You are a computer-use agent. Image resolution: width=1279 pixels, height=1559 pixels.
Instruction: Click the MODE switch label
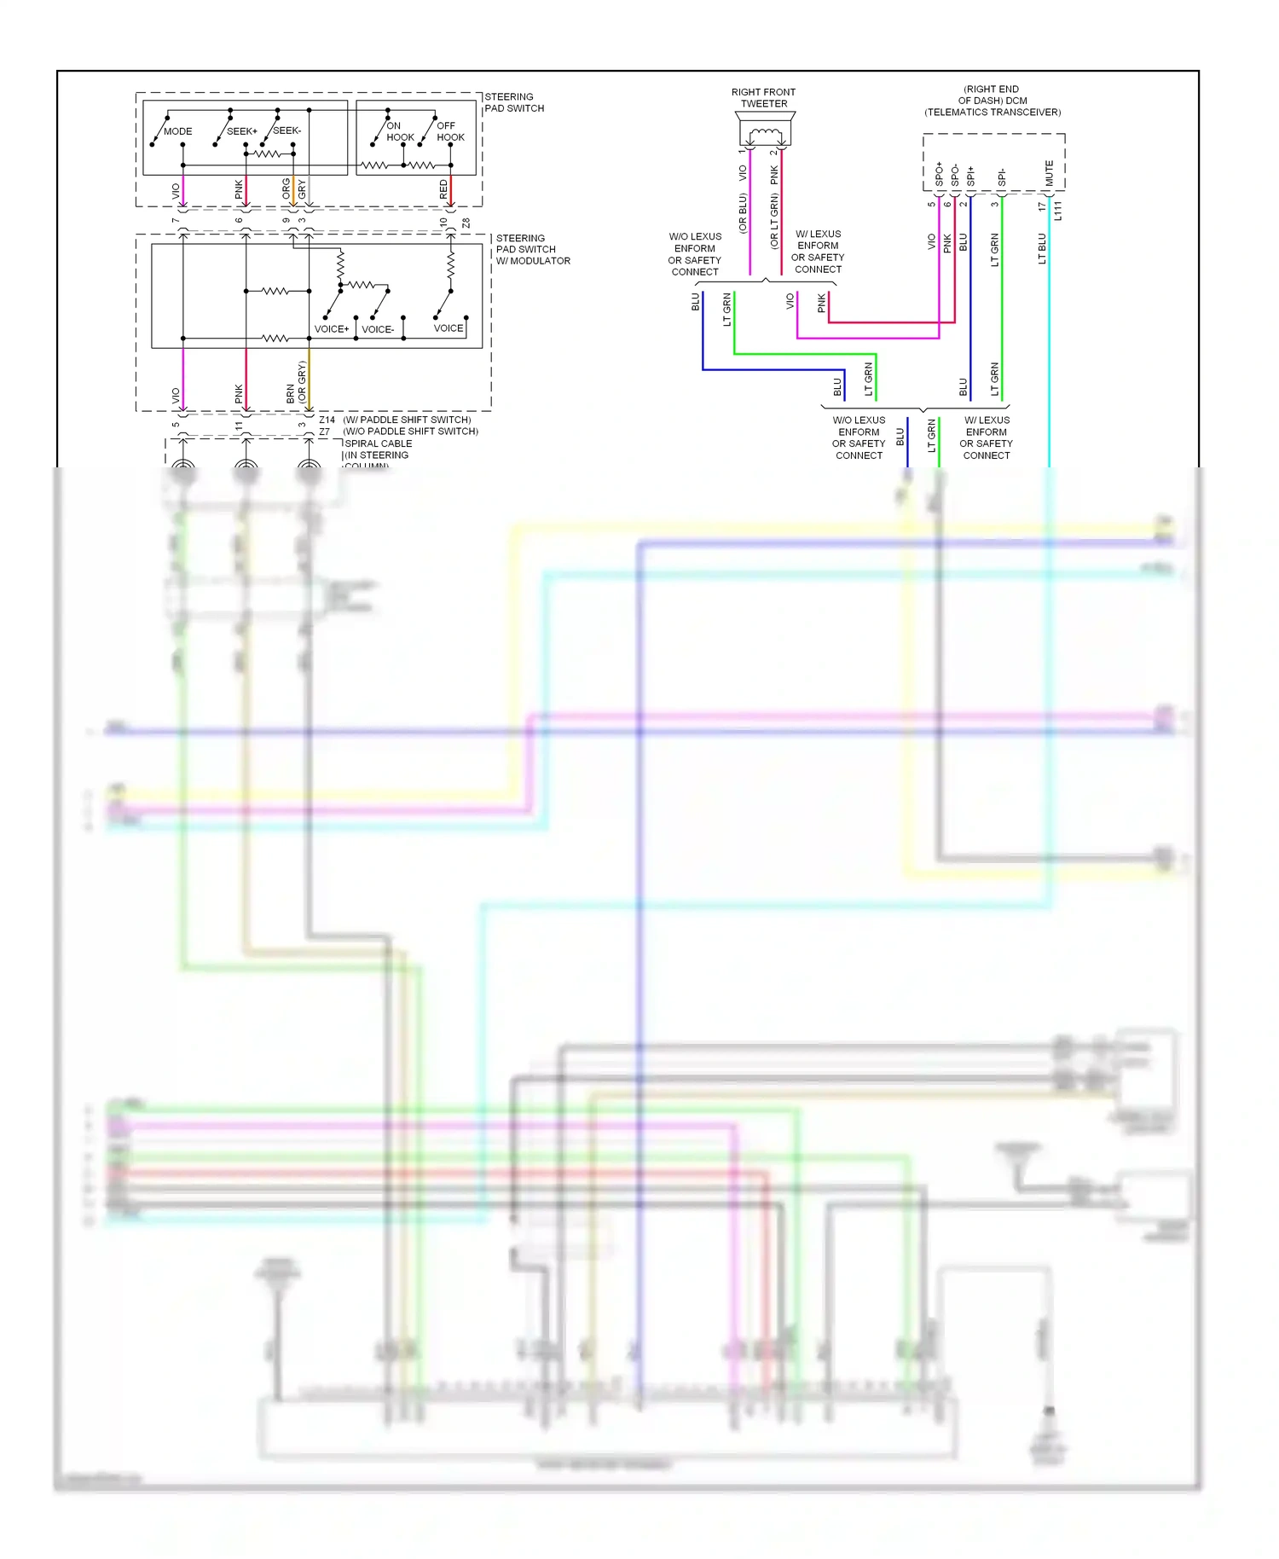pos(177,131)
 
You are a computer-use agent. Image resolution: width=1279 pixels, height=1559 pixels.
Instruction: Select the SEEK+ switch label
pos(241,131)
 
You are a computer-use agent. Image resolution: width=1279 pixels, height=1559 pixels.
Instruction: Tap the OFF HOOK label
pos(450,131)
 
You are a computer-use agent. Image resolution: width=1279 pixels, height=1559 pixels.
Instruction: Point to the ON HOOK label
pos(399,131)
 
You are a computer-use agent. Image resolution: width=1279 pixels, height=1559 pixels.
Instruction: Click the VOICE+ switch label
pos(331,329)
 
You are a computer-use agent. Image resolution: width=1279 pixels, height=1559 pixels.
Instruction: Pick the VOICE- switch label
pos(377,329)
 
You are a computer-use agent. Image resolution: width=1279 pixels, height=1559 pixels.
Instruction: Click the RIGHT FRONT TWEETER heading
pos(763,98)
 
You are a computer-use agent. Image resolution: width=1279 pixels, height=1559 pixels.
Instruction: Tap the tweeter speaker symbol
pos(764,134)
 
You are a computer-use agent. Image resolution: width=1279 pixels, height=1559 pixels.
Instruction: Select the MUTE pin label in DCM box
pos(1049,173)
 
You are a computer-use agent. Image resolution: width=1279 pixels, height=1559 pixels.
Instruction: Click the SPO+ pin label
pos(939,175)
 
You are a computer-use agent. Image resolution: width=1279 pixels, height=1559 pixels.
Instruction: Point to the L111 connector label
pos(1058,211)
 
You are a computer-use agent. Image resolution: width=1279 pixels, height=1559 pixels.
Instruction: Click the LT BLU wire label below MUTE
pos(1042,248)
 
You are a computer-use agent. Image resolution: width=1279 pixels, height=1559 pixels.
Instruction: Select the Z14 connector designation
pos(327,420)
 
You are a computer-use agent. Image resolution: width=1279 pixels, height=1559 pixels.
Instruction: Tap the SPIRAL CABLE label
pos(378,443)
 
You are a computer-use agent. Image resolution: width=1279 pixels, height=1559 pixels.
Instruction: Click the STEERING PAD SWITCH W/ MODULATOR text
pos(532,250)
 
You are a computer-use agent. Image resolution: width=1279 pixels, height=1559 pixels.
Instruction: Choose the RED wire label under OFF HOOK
pos(443,189)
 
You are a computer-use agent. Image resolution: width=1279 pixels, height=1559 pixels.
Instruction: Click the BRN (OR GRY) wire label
pos(296,383)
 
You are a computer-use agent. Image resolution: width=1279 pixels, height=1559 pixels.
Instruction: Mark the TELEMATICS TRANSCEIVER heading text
pos(992,112)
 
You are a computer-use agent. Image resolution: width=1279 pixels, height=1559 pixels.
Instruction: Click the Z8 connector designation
pos(466,223)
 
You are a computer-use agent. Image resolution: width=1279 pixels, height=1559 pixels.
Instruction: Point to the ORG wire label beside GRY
pos(286,189)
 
